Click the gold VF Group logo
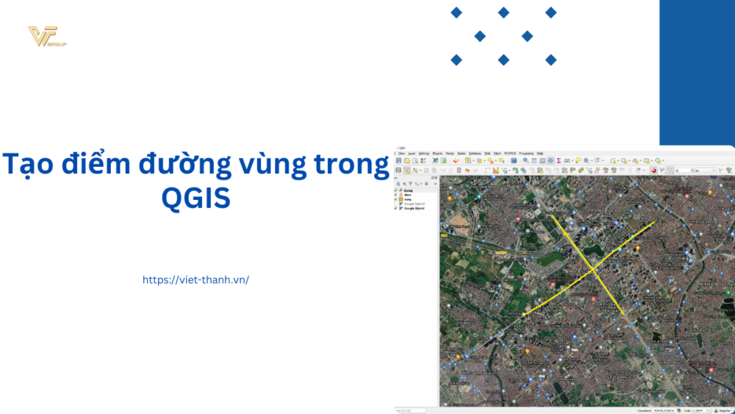(x=46, y=37)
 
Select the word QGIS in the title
(x=196, y=197)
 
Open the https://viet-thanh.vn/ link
(x=196, y=280)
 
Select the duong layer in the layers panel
(x=408, y=190)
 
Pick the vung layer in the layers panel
(x=407, y=199)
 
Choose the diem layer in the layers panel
(x=407, y=195)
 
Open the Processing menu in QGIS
(x=526, y=153)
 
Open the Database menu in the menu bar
(x=476, y=153)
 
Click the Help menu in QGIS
(x=539, y=153)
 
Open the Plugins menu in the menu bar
(x=437, y=153)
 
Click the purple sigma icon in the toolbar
(x=559, y=160)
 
